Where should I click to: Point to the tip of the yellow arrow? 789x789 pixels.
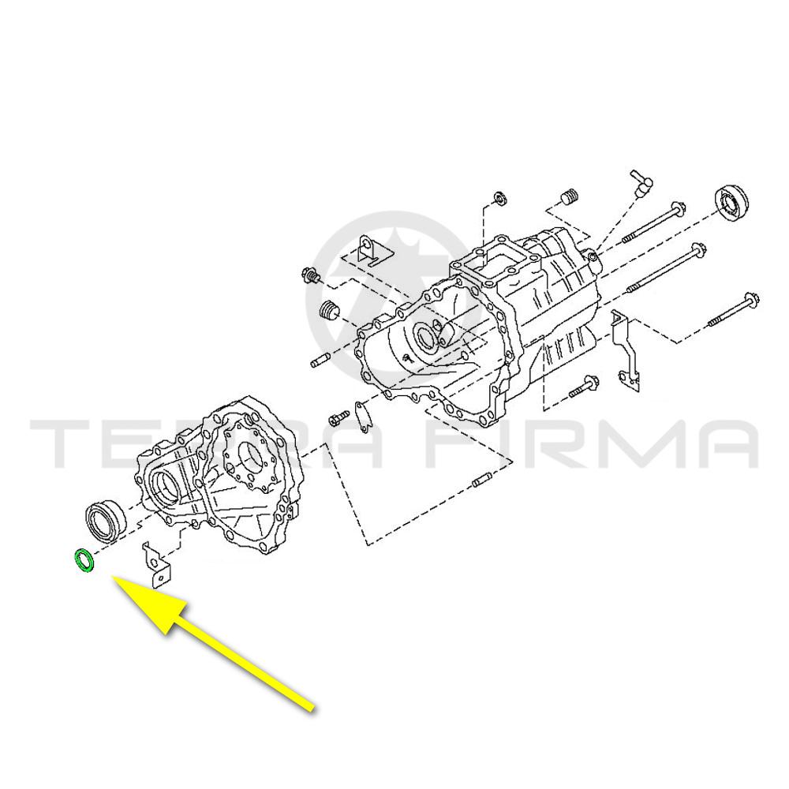113,578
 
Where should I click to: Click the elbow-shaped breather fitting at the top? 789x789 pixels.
640,184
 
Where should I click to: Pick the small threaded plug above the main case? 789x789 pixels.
569,196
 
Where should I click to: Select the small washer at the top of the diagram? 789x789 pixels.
501,198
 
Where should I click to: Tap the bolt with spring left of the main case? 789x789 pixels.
311,275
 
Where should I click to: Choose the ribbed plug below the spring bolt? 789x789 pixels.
330,310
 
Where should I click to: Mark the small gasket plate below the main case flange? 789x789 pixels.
362,416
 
